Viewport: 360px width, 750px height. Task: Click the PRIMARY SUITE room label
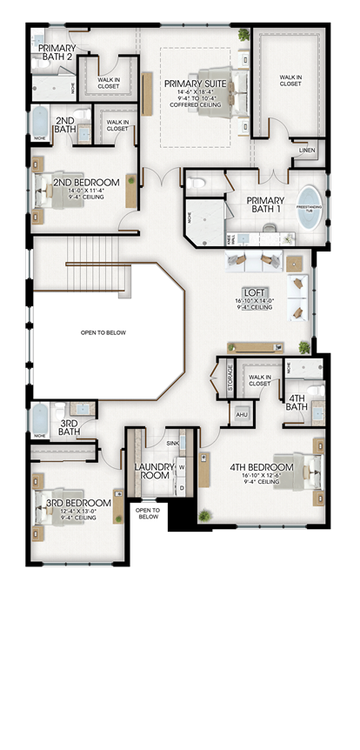195,84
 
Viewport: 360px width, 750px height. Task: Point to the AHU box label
243,414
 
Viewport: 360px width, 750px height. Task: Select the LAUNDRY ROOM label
156,471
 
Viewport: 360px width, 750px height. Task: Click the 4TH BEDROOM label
261,467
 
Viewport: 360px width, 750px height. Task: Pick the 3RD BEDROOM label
78,503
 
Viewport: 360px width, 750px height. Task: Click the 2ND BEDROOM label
86,182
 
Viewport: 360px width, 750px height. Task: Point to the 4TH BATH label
297,403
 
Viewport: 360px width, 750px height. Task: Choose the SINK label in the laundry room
171,443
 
